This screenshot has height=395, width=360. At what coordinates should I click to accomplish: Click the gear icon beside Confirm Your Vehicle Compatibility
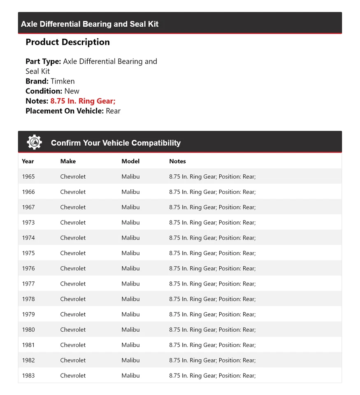34,142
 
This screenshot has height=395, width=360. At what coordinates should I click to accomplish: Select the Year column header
28,161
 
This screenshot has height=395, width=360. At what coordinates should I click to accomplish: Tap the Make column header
68,161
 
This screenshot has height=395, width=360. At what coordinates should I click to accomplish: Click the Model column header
130,161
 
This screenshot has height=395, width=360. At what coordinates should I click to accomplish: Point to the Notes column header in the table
177,161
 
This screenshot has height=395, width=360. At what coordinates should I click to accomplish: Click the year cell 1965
28,177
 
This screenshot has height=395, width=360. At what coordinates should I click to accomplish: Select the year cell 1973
28,223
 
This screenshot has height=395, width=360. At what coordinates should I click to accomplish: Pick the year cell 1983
28,375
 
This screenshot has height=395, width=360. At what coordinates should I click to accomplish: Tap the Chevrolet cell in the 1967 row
73,207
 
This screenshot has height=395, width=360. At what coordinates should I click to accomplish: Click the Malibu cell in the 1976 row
130,268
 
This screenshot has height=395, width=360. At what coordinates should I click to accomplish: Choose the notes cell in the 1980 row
212,330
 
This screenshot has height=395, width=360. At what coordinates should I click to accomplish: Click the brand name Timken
63,81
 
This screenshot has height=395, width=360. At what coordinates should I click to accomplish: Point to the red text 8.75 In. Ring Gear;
83,101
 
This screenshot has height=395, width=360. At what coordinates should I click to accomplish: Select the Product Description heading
67,42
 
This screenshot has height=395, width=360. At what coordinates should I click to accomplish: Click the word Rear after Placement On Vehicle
113,111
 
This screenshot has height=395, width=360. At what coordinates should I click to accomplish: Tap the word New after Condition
72,91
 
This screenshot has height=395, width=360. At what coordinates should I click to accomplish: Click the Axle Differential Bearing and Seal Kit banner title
90,24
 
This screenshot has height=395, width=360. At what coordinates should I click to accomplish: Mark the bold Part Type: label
43,61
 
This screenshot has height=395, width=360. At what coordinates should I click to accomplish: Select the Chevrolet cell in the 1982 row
73,360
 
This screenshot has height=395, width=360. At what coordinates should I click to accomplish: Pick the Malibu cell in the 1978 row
130,299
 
